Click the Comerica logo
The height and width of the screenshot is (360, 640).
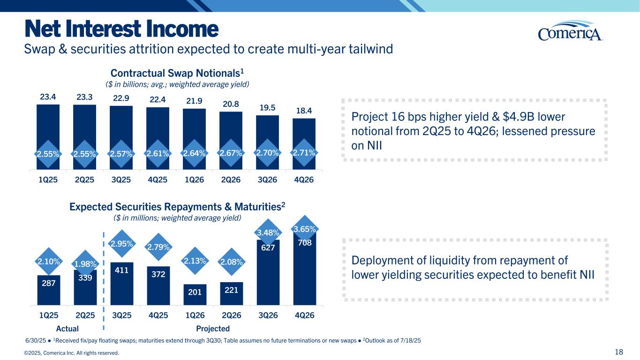[570, 32]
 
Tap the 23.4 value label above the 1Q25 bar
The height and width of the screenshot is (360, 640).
[48, 97]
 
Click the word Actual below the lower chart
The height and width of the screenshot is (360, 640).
[67, 329]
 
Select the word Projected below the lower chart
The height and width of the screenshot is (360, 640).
[213, 329]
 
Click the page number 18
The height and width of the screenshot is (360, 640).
[625, 352]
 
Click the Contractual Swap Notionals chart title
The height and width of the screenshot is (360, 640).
[178, 74]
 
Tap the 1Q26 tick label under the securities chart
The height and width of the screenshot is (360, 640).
[195, 315]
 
